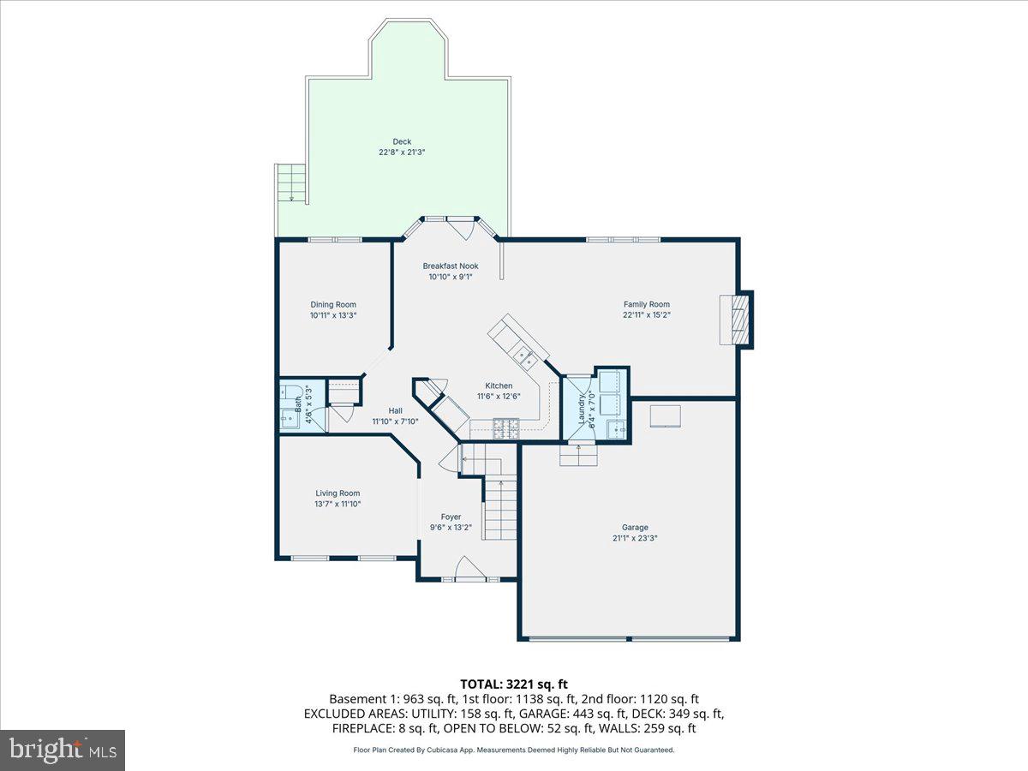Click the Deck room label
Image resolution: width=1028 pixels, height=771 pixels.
click(x=402, y=142)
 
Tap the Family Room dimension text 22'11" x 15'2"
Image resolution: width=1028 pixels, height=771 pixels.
click(x=646, y=314)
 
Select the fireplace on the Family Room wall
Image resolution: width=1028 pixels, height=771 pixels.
click(x=736, y=319)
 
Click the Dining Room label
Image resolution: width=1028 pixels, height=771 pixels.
click(x=333, y=305)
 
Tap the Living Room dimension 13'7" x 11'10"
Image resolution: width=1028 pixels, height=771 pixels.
click(x=337, y=504)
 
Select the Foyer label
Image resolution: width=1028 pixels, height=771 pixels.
click(x=451, y=517)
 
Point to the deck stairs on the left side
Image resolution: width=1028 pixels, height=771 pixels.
click(x=290, y=182)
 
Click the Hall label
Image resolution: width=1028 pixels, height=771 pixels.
click(x=395, y=410)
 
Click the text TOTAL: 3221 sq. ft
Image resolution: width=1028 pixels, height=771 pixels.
click(x=513, y=684)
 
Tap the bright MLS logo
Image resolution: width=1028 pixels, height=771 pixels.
click(x=63, y=750)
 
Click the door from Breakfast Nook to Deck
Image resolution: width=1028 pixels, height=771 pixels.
click(x=461, y=228)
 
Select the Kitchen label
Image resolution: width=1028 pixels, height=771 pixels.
click(x=499, y=386)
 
